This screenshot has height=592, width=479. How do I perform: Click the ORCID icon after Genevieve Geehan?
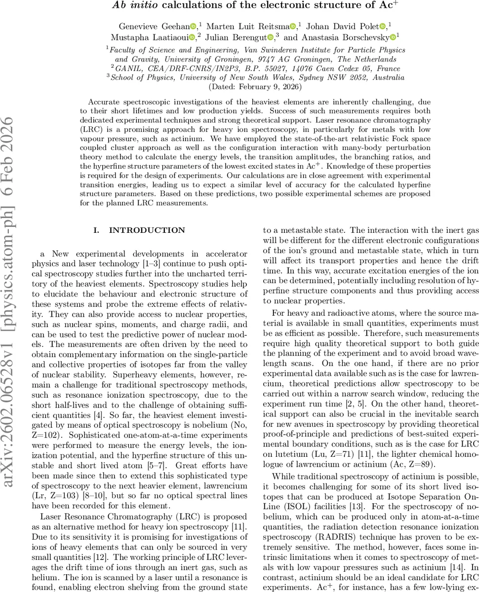click(x=194, y=26)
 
